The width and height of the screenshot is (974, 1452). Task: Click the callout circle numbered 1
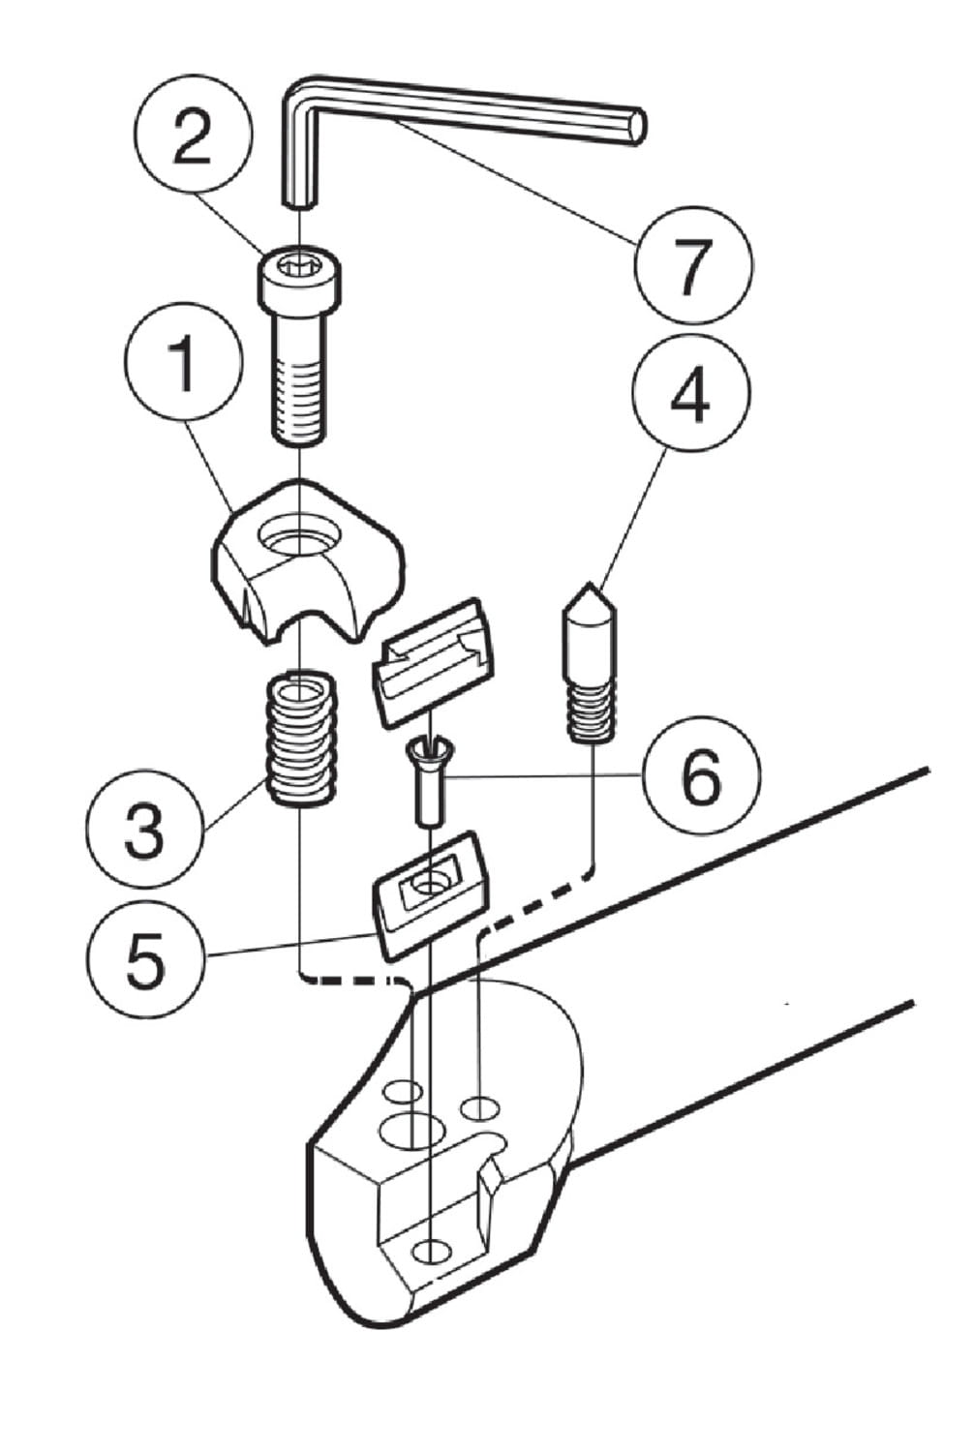pyautogui.click(x=183, y=365)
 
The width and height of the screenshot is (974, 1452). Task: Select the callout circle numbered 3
pyautogui.click(x=143, y=831)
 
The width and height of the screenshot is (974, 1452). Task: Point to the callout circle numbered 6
pyautogui.click(x=702, y=776)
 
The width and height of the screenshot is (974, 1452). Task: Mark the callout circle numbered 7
pyautogui.click(x=693, y=263)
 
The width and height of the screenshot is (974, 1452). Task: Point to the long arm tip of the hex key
pyautogui.click(x=634, y=127)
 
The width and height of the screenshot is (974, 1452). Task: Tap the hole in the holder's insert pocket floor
pyautogui.click(x=432, y=1252)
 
